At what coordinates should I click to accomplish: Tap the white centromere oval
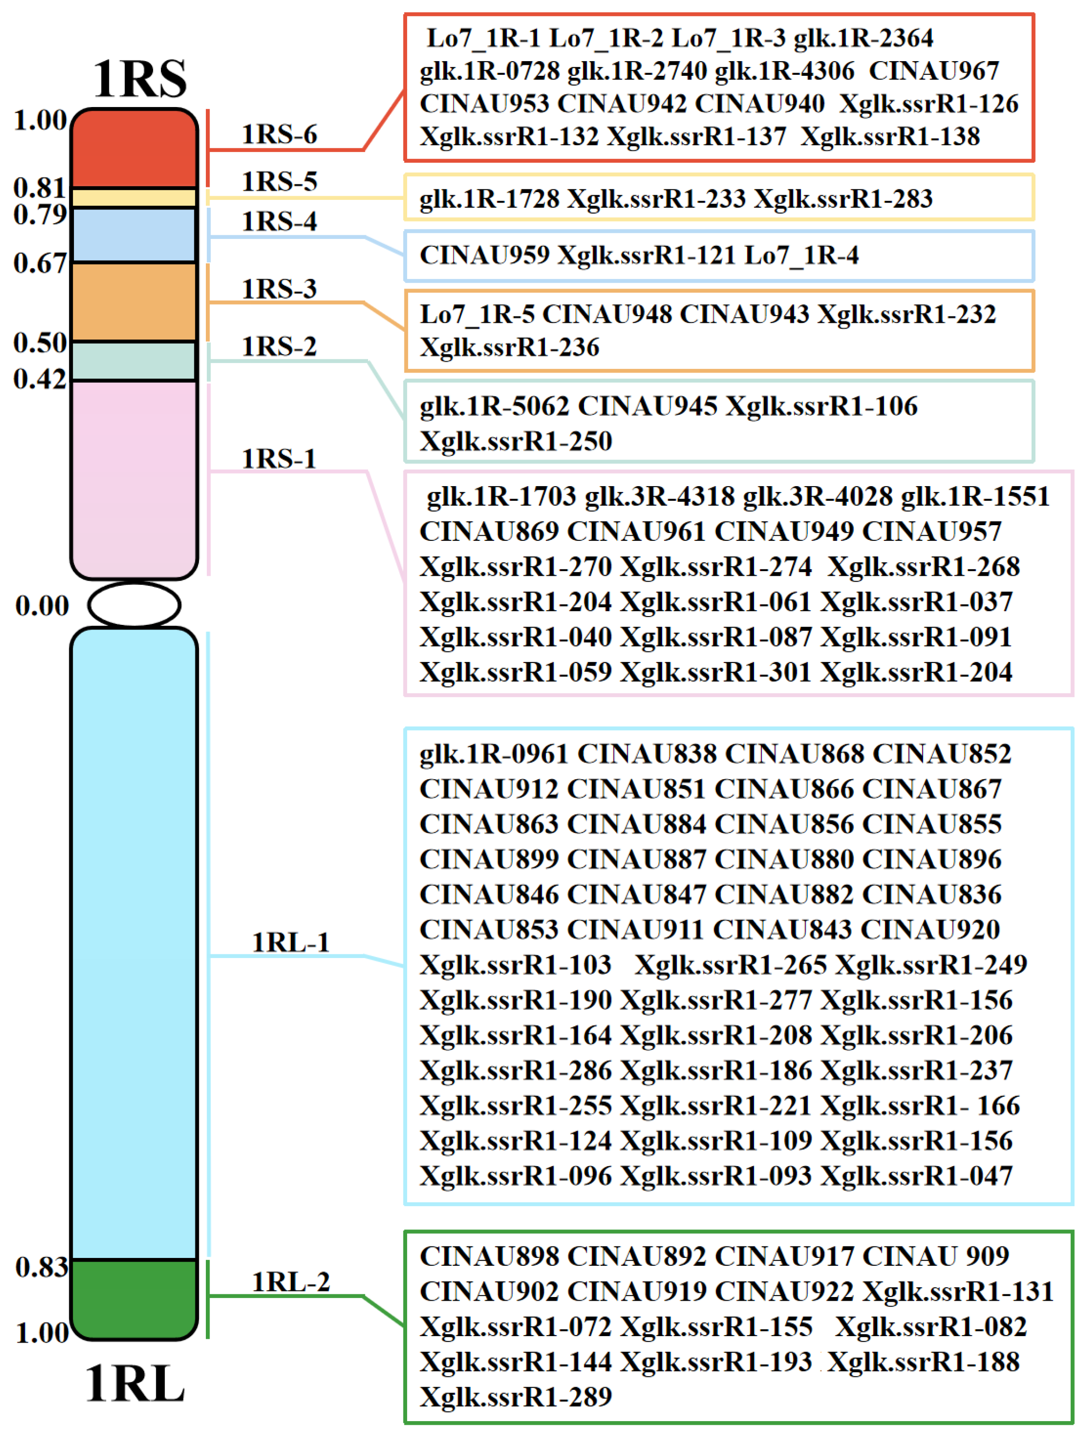tap(134, 604)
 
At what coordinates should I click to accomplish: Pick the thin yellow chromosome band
tap(134, 198)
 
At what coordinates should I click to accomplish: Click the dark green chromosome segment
tap(134, 1298)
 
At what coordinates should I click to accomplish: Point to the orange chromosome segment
tap(134, 302)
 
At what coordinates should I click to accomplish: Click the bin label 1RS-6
tap(279, 134)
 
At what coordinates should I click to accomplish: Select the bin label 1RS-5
tap(279, 181)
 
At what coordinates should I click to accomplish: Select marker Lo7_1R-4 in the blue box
tap(801, 255)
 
